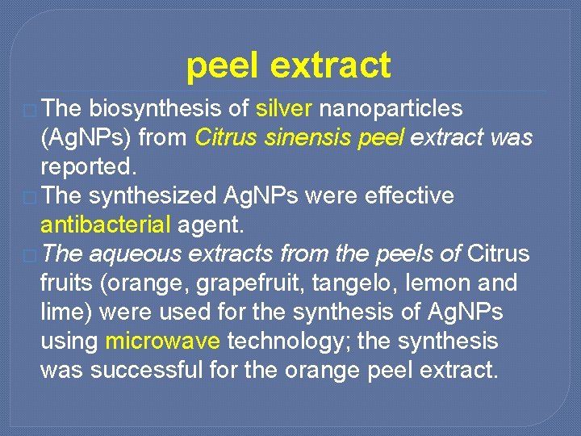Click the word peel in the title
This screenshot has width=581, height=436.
point(223,66)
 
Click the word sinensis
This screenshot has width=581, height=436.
point(314,138)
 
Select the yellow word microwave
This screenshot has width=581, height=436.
point(162,342)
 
